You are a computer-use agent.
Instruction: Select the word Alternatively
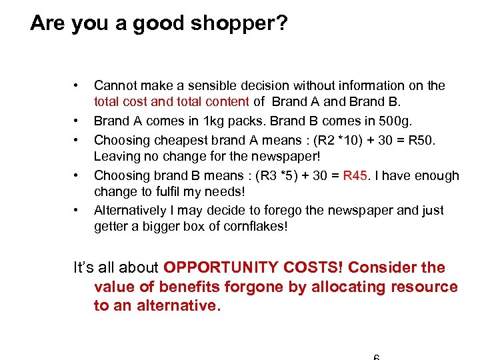click(x=129, y=210)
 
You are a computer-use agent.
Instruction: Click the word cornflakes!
click(x=253, y=227)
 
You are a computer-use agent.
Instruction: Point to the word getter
click(x=111, y=227)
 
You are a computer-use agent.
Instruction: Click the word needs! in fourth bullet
click(x=225, y=192)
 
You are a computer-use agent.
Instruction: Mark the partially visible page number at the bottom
click(x=376, y=357)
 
